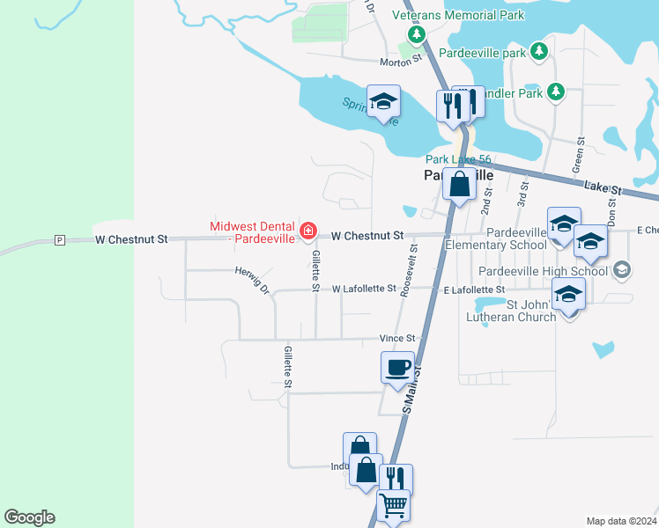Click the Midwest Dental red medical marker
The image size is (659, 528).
307,231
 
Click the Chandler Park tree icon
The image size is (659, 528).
555,91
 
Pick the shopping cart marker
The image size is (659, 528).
393,505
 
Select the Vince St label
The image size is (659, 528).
396,338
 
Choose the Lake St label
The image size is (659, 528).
603,188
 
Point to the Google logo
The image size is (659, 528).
29,517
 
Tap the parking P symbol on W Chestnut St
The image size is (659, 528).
59,239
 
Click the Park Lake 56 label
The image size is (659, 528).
458,159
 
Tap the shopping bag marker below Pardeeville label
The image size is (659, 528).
459,185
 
